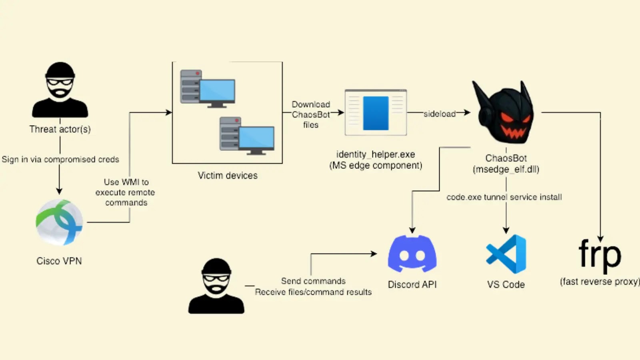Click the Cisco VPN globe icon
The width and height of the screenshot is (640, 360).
point(59,222)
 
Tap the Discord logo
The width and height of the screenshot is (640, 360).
point(412,254)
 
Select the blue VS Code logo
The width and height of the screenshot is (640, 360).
point(506,254)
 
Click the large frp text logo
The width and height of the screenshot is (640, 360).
point(599,255)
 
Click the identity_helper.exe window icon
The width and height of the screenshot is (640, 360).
point(376,112)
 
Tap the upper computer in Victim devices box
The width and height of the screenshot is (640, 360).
point(208,88)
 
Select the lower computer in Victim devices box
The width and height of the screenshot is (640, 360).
point(247,136)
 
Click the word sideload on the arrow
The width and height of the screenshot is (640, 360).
point(439,114)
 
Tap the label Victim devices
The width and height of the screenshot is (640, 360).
point(228,176)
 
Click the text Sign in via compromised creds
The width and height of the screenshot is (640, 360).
point(60,159)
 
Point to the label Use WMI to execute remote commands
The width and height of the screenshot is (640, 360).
point(125,192)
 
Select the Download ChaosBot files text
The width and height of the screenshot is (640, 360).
point(311,115)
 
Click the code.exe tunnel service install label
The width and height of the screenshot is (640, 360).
point(504,197)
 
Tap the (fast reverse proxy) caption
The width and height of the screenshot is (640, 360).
point(599,282)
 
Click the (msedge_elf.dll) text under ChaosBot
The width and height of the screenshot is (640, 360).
point(506,169)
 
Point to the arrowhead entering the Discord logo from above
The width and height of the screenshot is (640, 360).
point(412,230)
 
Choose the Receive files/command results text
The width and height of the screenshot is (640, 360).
point(313,292)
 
